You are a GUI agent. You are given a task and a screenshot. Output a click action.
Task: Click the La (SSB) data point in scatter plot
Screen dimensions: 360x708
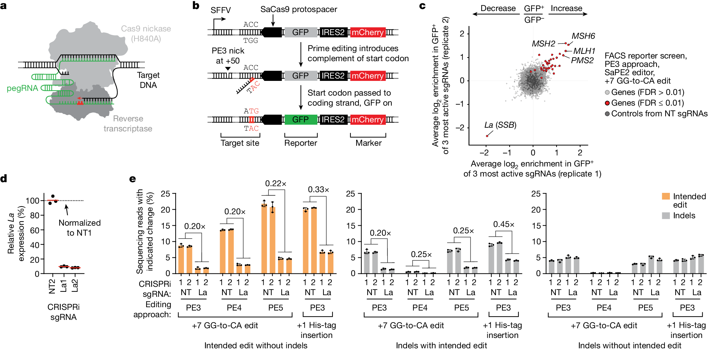487,136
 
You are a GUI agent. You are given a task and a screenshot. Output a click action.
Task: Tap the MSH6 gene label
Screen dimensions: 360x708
583,36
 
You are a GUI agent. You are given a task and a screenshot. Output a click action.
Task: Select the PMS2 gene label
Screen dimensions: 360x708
582,61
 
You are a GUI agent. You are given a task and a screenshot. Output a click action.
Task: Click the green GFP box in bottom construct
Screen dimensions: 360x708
300,120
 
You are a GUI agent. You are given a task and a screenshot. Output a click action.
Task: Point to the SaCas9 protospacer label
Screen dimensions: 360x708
299,9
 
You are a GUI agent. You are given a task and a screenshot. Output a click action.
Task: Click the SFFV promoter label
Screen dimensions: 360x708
220,10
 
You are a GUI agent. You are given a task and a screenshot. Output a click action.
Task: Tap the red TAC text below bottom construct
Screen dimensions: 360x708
251,129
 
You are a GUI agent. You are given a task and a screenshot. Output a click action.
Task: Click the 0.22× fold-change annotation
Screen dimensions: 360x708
276,184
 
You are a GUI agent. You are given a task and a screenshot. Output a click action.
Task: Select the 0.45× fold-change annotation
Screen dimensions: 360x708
504,224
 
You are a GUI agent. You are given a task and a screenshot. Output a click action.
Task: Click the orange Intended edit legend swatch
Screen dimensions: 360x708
666,196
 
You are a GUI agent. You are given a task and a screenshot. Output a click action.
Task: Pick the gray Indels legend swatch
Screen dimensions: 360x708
666,216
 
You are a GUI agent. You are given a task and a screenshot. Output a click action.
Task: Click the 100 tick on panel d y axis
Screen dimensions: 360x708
32,201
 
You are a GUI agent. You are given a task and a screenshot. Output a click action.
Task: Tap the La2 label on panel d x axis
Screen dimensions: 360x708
75,286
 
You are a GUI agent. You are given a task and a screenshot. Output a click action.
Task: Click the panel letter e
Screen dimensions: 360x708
132,179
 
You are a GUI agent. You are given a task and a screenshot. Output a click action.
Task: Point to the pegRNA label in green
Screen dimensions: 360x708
22,88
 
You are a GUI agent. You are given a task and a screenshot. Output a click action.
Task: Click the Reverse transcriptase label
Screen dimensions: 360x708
128,124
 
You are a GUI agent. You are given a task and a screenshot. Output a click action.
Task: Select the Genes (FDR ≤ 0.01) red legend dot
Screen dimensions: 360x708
607,103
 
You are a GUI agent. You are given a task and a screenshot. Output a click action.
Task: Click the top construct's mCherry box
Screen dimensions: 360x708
368,32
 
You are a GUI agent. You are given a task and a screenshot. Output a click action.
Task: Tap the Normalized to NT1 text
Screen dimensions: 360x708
79,228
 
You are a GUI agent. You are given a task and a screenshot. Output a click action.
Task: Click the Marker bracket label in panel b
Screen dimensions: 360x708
368,143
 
